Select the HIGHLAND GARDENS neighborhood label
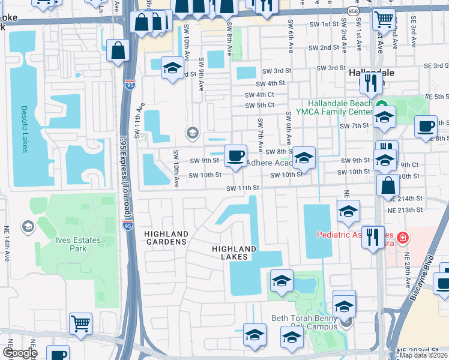pos(165,238)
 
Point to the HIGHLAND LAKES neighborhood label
pos(235,253)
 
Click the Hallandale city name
pos(372,72)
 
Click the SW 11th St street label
pos(242,188)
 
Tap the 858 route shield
pos(354,11)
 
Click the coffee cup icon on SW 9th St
pos(235,157)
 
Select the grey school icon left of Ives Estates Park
pos(27,227)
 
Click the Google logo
pos(19,353)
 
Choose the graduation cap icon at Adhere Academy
pos(304,158)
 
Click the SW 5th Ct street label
pos(259,104)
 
